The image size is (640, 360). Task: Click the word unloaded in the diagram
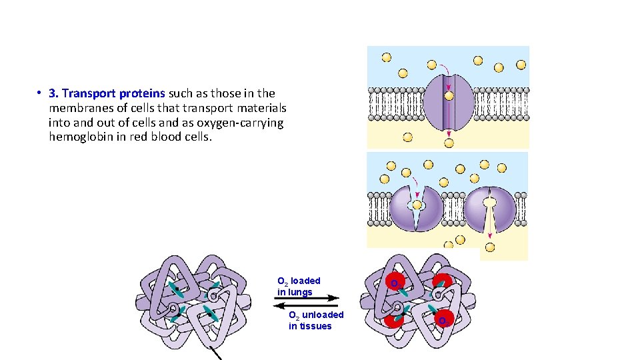[323, 315]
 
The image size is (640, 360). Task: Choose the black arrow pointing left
[306, 305]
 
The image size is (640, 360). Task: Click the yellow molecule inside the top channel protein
[449, 96]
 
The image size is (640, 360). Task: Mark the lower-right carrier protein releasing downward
[490, 208]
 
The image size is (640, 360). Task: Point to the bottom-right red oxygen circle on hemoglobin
[445, 319]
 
